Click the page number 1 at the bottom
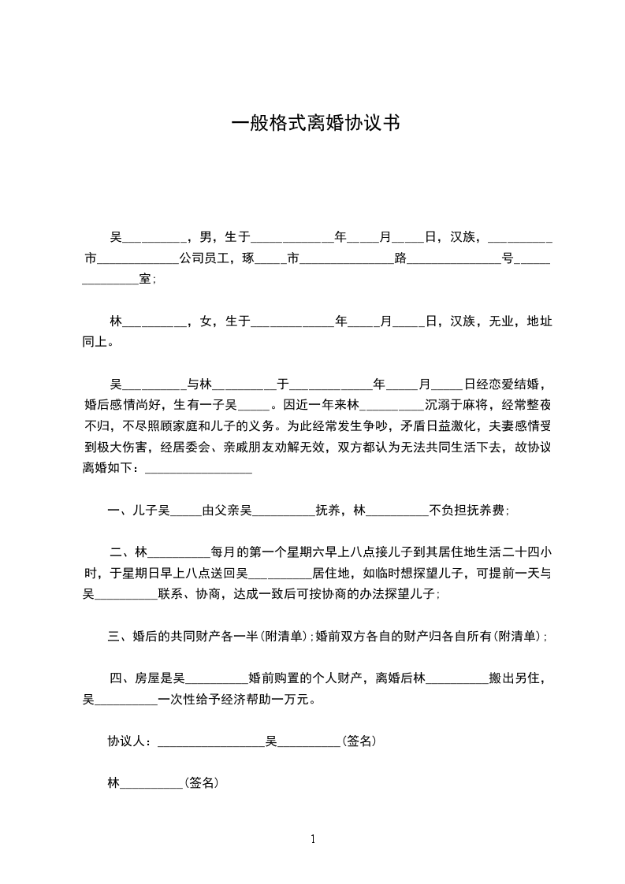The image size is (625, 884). click(313, 839)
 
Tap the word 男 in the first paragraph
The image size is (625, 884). click(206, 236)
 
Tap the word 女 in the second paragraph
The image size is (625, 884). click(206, 321)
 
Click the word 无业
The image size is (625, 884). click(501, 321)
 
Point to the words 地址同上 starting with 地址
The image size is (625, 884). click(538, 321)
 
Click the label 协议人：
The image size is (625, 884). click(132, 741)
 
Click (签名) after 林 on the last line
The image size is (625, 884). click(201, 783)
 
